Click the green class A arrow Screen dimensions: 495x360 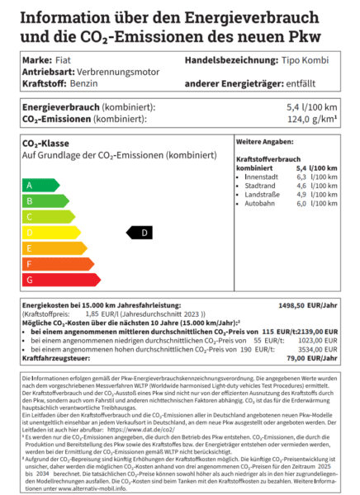pos(38,185)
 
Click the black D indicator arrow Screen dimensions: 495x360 pos(140,233)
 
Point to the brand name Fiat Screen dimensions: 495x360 pos(62,61)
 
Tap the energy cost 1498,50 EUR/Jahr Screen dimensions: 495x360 pos(314,305)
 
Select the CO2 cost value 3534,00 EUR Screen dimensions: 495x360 pos(317,349)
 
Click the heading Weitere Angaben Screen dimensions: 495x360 pos(262,142)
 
